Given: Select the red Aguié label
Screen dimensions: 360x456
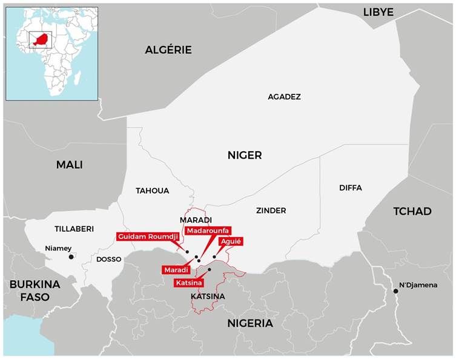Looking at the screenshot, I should (x=231, y=241).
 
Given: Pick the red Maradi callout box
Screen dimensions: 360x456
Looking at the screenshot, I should (x=176, y=269).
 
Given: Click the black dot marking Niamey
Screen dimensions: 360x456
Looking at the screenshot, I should (x=71, y=257).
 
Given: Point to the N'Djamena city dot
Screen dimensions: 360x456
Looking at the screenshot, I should (x=395, y=291).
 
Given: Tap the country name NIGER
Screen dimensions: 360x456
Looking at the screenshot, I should (x=245, y=155).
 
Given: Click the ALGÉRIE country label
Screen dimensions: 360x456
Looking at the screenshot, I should (x=168, y=50).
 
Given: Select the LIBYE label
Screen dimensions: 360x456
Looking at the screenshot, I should (x=378, y=12).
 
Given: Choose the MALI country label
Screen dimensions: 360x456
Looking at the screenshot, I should (x=69, y=165).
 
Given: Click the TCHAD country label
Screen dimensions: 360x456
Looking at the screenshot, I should (x=412, y=211).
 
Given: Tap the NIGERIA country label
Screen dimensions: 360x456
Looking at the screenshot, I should (x=250, y=323).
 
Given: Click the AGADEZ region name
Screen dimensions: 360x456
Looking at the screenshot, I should (x=284, y=97).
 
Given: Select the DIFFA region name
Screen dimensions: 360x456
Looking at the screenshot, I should (x=350, y=188).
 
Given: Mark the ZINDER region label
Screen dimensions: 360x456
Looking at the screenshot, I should (x=271, y=211).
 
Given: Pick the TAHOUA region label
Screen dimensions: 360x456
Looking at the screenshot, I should (x=152, y=191).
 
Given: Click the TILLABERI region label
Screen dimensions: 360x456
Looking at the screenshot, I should (x=74, y=229).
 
